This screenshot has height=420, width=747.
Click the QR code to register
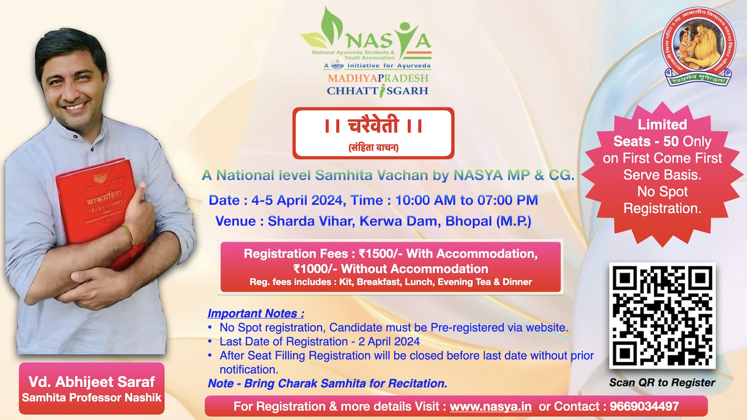662,315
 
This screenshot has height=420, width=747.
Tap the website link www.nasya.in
491,407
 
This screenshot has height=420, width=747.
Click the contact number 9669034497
644,407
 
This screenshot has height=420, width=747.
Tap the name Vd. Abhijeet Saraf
92,382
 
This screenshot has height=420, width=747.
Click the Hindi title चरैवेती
373,126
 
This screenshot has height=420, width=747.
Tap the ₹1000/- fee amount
315,269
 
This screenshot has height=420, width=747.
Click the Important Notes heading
255,313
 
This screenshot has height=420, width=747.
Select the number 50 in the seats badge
671,141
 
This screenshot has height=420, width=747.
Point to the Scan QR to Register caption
662,382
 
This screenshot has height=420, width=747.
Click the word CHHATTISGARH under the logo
377,91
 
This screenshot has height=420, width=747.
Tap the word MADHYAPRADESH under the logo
378,78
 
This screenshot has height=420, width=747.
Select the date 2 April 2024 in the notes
389,341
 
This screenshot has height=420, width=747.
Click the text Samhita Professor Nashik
92,398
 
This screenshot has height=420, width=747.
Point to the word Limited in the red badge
662,124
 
